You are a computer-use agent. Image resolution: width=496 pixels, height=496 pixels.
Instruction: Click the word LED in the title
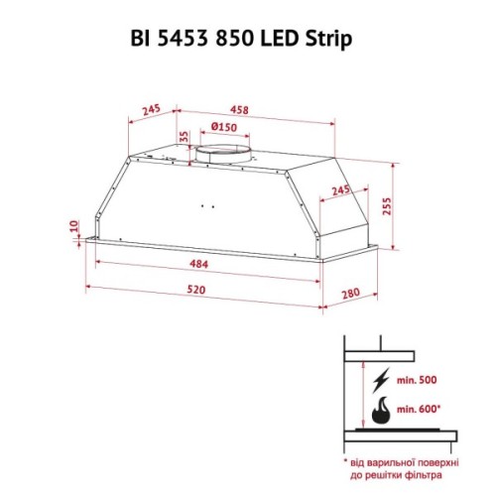[x=286, y=38]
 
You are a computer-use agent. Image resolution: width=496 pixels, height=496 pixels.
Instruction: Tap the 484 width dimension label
[x=198, y=263]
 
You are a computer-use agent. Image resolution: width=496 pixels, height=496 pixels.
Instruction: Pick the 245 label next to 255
[x=340, y=189]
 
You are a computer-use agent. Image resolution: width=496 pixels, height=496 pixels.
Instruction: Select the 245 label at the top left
[x=152, y=110]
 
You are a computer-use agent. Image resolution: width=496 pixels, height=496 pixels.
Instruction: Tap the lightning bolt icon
[x=381, y=381]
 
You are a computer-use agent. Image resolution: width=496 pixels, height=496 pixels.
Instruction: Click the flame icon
[x=381, y=411]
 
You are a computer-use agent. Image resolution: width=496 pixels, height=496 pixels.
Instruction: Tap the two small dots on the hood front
[x=207, y=207]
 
